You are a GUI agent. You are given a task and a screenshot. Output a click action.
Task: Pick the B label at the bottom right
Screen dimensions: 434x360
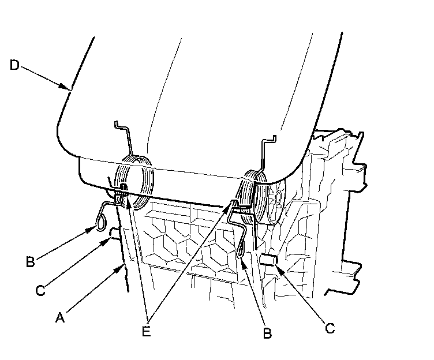pos(267,333)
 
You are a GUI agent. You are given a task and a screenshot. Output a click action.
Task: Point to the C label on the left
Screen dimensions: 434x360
pos(40,290)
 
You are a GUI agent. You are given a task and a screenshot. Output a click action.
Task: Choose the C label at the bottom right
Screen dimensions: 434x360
pos(330,328)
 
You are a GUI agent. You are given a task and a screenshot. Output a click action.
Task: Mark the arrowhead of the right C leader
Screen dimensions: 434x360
pos(278,267)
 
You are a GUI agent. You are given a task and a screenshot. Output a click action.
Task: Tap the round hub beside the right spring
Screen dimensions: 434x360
pos(278,199)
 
